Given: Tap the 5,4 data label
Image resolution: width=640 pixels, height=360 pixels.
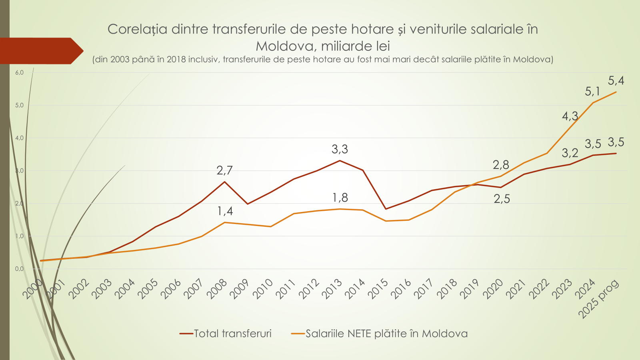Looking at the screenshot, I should point(616,81).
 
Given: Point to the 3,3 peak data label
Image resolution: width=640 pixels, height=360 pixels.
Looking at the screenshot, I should point(340,150).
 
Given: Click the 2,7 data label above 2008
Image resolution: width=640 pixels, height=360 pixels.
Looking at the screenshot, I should point(224,171).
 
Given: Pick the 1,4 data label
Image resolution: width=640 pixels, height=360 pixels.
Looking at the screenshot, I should point(225,211).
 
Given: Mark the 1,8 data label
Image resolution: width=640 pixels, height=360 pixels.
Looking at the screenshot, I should point(340,198).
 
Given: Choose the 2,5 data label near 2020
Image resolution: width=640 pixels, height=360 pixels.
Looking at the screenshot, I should point(502,199).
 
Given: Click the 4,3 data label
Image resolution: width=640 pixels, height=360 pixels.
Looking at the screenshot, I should point(570,116).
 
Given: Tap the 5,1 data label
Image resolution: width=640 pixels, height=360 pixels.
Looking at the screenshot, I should point(592,92).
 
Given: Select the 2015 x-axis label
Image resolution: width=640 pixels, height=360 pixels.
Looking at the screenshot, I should point(378,289).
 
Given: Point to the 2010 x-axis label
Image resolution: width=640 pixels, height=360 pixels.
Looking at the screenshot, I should point(263,289).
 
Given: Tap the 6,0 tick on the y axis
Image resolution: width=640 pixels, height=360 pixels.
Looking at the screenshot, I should point(19,72).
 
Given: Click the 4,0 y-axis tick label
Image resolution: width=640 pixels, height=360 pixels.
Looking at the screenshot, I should point(19,138).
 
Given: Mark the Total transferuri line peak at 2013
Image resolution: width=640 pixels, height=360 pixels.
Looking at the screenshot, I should point(340,161).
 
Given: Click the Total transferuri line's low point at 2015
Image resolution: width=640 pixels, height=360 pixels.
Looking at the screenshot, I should point(386,209).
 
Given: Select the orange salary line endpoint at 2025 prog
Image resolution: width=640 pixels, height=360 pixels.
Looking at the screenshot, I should point(616,92).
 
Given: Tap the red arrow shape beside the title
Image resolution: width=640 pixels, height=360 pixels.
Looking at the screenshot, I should point(40,51).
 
